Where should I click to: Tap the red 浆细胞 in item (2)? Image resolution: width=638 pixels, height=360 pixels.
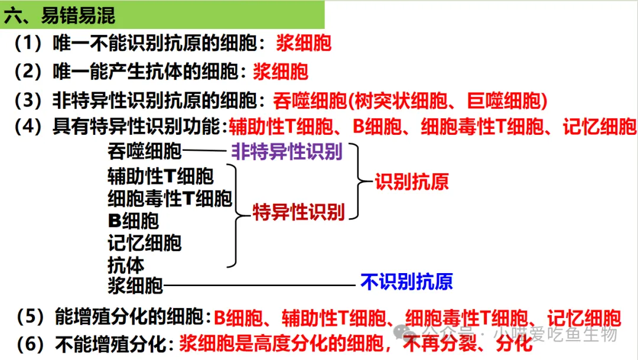point(281,72)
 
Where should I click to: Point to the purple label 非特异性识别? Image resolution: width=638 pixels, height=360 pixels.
point(287,152)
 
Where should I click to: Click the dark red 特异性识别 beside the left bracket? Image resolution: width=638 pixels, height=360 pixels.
point(298,212)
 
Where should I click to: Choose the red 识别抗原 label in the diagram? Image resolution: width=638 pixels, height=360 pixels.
point(412,181)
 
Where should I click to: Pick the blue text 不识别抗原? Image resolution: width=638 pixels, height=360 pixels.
point(406,281)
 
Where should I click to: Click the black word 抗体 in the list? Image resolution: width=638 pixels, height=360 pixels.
point(126,264)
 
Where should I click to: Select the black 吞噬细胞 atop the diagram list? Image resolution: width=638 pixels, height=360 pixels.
point(144,152)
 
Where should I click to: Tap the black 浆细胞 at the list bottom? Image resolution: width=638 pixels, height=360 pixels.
point(135,286)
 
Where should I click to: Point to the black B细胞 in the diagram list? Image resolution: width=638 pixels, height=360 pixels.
point(134,221)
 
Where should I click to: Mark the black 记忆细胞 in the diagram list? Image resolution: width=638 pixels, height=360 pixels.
point(144,242)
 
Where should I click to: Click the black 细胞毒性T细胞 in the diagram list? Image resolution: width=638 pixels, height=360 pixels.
point(170,199)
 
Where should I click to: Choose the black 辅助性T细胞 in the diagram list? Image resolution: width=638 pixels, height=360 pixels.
point(160,176)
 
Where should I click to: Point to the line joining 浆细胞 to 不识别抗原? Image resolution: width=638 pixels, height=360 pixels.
point(260,286)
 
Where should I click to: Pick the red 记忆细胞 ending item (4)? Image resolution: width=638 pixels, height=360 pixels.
point(599,127)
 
